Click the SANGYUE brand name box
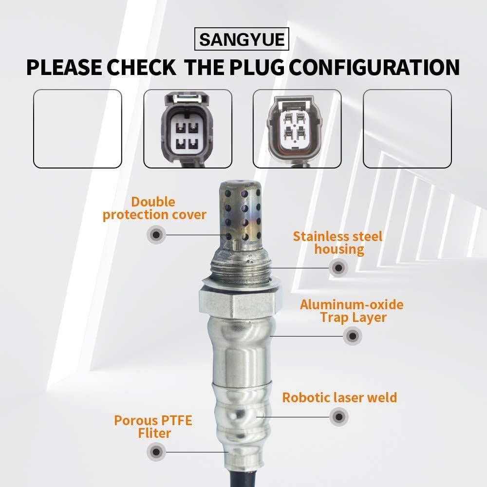click(x=242, y=39)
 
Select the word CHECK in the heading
click(x=142, y=67)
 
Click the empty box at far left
click(x=77, y=129)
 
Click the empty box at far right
click(x=407, y=129)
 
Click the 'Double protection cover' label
click(x=154, y=208)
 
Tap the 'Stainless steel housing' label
click(x=338, y=243)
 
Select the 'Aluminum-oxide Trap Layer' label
click(x=352, y=311)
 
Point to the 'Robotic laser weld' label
click(x=339, y=397)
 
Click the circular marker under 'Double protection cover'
click(x=156, y=235)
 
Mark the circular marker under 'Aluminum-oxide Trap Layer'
click(x=352, y=336)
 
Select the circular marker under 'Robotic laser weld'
click(x=338, y=417)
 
